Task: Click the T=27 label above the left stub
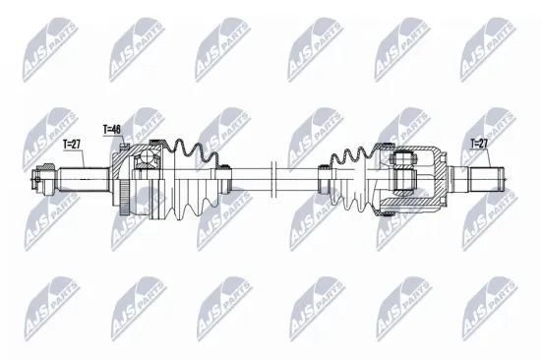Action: (73, 144)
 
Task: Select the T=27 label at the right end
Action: (479, 144)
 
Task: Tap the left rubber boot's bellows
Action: (192, 177)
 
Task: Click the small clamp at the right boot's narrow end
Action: (323, 179)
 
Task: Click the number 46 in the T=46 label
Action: (118, 129)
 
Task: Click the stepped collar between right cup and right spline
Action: (455, 180)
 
